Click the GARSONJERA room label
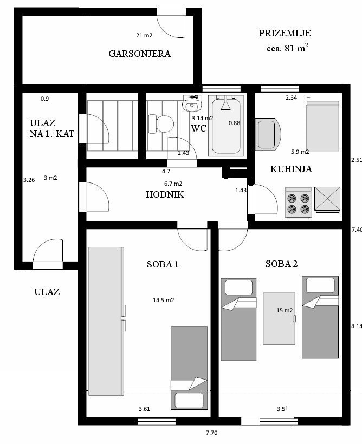(139, 54)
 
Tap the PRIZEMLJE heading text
(285, 33)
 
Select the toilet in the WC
(161, 123)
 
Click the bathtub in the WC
(226, 126)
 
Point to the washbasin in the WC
(192, 103)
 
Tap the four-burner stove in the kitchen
(299, 203)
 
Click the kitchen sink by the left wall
(268, 134)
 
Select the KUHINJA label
(291, 169)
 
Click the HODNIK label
(165, 194)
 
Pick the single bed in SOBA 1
(189, 368)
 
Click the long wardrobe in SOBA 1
(106, 321)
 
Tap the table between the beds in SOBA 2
(279, 318)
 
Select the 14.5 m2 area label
(164, 300)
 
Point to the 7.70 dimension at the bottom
(211, 433)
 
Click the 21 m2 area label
(144, 35)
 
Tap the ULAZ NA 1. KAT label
(52, 128)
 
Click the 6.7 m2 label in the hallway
(173, 184)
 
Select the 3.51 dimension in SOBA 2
(282, 409)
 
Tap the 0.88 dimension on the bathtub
(235, 123)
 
